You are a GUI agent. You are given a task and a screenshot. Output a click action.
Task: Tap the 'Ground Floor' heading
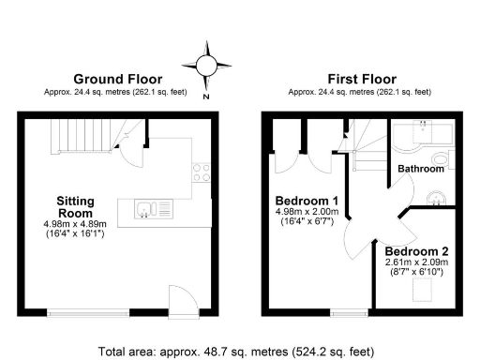click(x=118, y=79)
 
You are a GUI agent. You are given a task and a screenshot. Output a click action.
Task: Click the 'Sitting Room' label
click(x=75, y=207)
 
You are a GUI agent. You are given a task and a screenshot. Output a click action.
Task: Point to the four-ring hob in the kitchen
click(x=201, y=171)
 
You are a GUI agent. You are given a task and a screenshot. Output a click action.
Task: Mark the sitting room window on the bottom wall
click(x=89, y=312)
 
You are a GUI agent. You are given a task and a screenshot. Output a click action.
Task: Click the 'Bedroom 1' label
click(x=307, y=201)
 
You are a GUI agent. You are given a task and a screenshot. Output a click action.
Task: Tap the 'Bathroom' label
click(x=420, y=169)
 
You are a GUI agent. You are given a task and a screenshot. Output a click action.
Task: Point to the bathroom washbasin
click(x=437, y=197)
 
